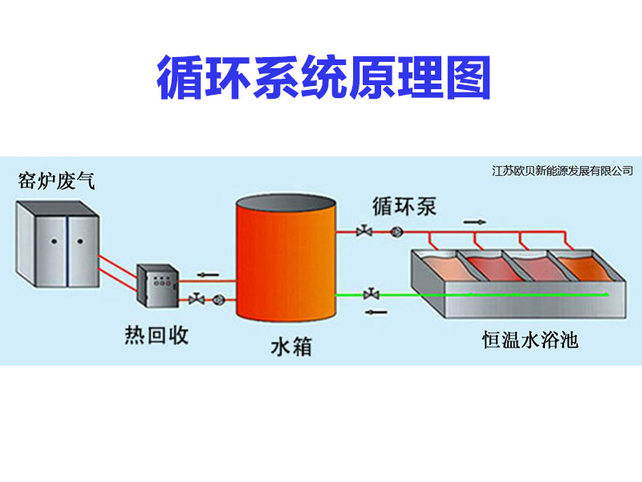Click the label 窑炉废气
click(x=56, y=181)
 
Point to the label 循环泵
click(x=404, y=206)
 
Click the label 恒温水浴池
click(x=530, y=341)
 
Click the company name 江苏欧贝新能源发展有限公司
click(x=562, y=171)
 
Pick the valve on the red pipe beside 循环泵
click(x=366, y=233)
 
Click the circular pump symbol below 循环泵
click(x=396, y=233)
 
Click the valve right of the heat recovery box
click(x=196, y=300)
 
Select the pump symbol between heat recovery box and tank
click(x=217, y=300)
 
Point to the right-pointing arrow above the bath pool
click(x=475, y=220)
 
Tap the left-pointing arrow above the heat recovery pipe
click(x=207, y=275)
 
